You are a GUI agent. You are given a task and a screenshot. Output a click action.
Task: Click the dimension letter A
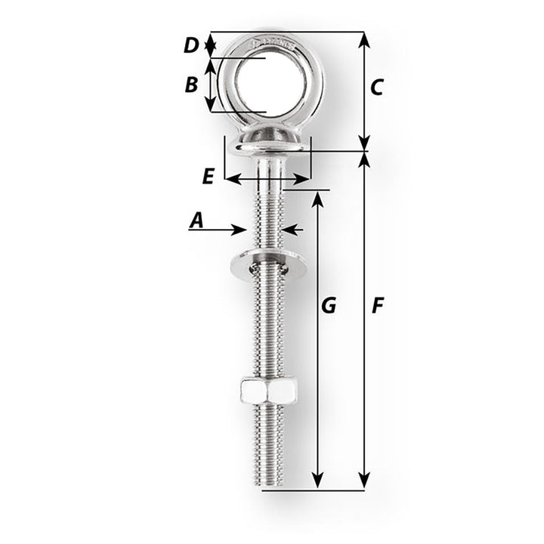click(196, 220)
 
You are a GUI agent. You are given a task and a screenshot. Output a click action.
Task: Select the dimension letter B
click(191, 85)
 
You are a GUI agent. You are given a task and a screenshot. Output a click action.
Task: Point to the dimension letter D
click(190, 45)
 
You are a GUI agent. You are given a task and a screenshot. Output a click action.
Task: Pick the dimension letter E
click(208, 177)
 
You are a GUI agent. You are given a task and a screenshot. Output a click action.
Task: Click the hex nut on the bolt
click(267, 391)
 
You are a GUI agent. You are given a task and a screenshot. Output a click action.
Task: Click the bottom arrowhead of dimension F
click(365, 480)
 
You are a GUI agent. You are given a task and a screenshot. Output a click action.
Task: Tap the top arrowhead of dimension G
click(318, 198)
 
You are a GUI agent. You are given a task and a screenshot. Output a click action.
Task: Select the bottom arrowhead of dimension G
click(318, 480)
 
